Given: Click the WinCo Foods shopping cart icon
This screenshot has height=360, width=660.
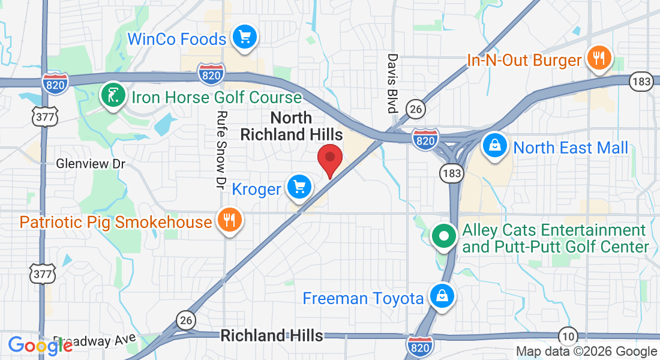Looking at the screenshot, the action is coord(244,37).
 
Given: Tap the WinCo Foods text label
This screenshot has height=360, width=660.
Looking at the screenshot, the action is coord(177,40).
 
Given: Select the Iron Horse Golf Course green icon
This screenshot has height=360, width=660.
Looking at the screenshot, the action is coord(113,95).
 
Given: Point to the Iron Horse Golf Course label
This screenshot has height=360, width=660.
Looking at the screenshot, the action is coord(217,97).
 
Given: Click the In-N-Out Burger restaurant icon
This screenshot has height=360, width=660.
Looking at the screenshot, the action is coord(598,58).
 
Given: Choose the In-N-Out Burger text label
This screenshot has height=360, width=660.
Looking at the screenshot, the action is coord(524,60).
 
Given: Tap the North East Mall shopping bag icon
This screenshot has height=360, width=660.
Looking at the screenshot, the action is coord(495,146).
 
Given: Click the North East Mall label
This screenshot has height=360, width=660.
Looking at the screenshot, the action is coord(571,148).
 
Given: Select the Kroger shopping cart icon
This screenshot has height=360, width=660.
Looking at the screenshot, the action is coord(299,188).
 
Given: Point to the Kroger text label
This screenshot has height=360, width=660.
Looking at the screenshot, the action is coord(256,190).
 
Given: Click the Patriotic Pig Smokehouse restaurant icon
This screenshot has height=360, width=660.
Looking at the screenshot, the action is coord(229,220).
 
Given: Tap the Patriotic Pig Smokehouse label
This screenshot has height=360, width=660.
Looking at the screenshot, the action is coord(116,222).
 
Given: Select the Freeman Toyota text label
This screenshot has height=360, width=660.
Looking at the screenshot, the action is coord(363,298).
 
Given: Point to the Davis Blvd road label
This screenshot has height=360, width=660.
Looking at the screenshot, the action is coord(392,83).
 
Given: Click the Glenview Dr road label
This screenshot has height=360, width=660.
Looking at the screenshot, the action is coord(91,163).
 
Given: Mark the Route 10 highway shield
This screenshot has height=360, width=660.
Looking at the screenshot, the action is coord(568,335).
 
